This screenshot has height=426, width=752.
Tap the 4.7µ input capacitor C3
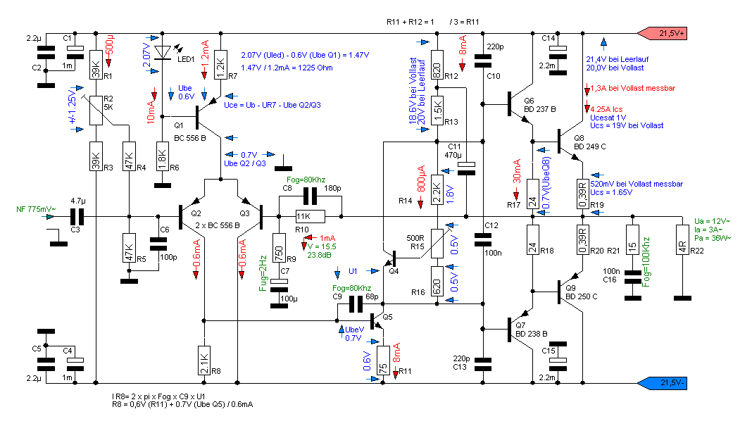77,216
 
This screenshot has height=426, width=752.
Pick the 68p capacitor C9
356,304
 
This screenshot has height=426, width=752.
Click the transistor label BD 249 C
589,146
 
